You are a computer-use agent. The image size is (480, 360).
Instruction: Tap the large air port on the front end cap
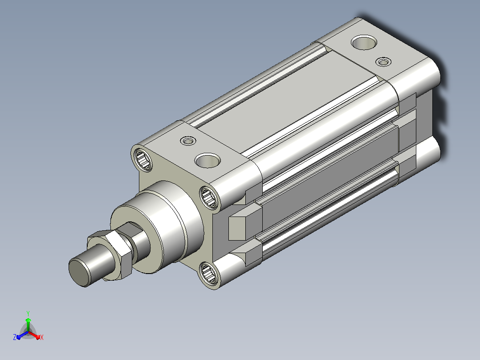click(x=207, y=160)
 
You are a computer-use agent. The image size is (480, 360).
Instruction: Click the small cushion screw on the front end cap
click(x=188, y=141)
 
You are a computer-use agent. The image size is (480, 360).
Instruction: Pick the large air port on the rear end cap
click(x=364, y=42)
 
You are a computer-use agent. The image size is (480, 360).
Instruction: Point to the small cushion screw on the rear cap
click(x=383, y=62)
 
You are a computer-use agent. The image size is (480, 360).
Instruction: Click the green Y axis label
click(x=28, y=313)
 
